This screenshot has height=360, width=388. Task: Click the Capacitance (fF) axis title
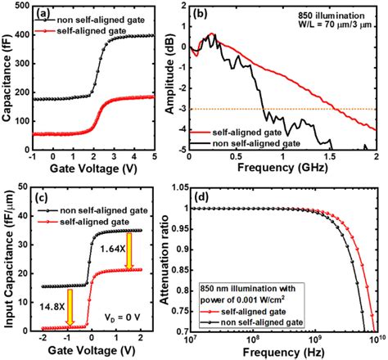pyautogui.click(x=7, y=82)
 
